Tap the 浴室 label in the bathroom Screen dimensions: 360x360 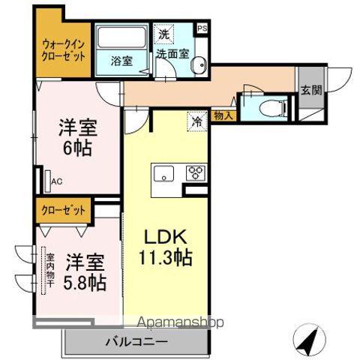coord(121,61)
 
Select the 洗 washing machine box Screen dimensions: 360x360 coord(163,34)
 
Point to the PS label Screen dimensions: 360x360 coord(202,29)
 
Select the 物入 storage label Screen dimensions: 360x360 coord(223,115)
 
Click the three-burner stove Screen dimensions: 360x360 coord(196,173)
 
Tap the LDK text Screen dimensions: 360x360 coord(165,235)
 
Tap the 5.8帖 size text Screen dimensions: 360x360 coord(84,283)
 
